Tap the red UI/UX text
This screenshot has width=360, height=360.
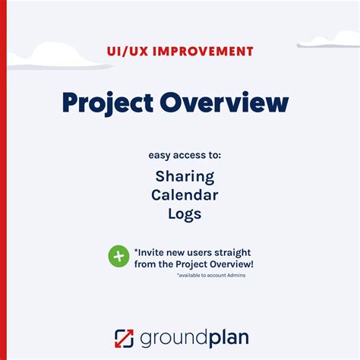(131, 52)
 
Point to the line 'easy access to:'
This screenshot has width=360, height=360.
(185, 156)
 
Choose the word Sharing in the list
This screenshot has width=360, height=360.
(185, 176)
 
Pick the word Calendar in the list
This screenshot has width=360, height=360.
(185, 195)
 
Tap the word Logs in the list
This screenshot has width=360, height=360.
(185, 215)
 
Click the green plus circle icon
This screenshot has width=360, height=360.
(118, 257)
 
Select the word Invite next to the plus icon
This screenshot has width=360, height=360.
(153, 251)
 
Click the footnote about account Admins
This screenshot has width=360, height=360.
(211, 275)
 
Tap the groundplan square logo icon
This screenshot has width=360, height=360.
(124, 337)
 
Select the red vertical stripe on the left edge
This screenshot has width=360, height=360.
(3, 180)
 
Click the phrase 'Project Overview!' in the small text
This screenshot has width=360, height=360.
(213, 264)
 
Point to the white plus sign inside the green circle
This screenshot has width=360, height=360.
(118, 257)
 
